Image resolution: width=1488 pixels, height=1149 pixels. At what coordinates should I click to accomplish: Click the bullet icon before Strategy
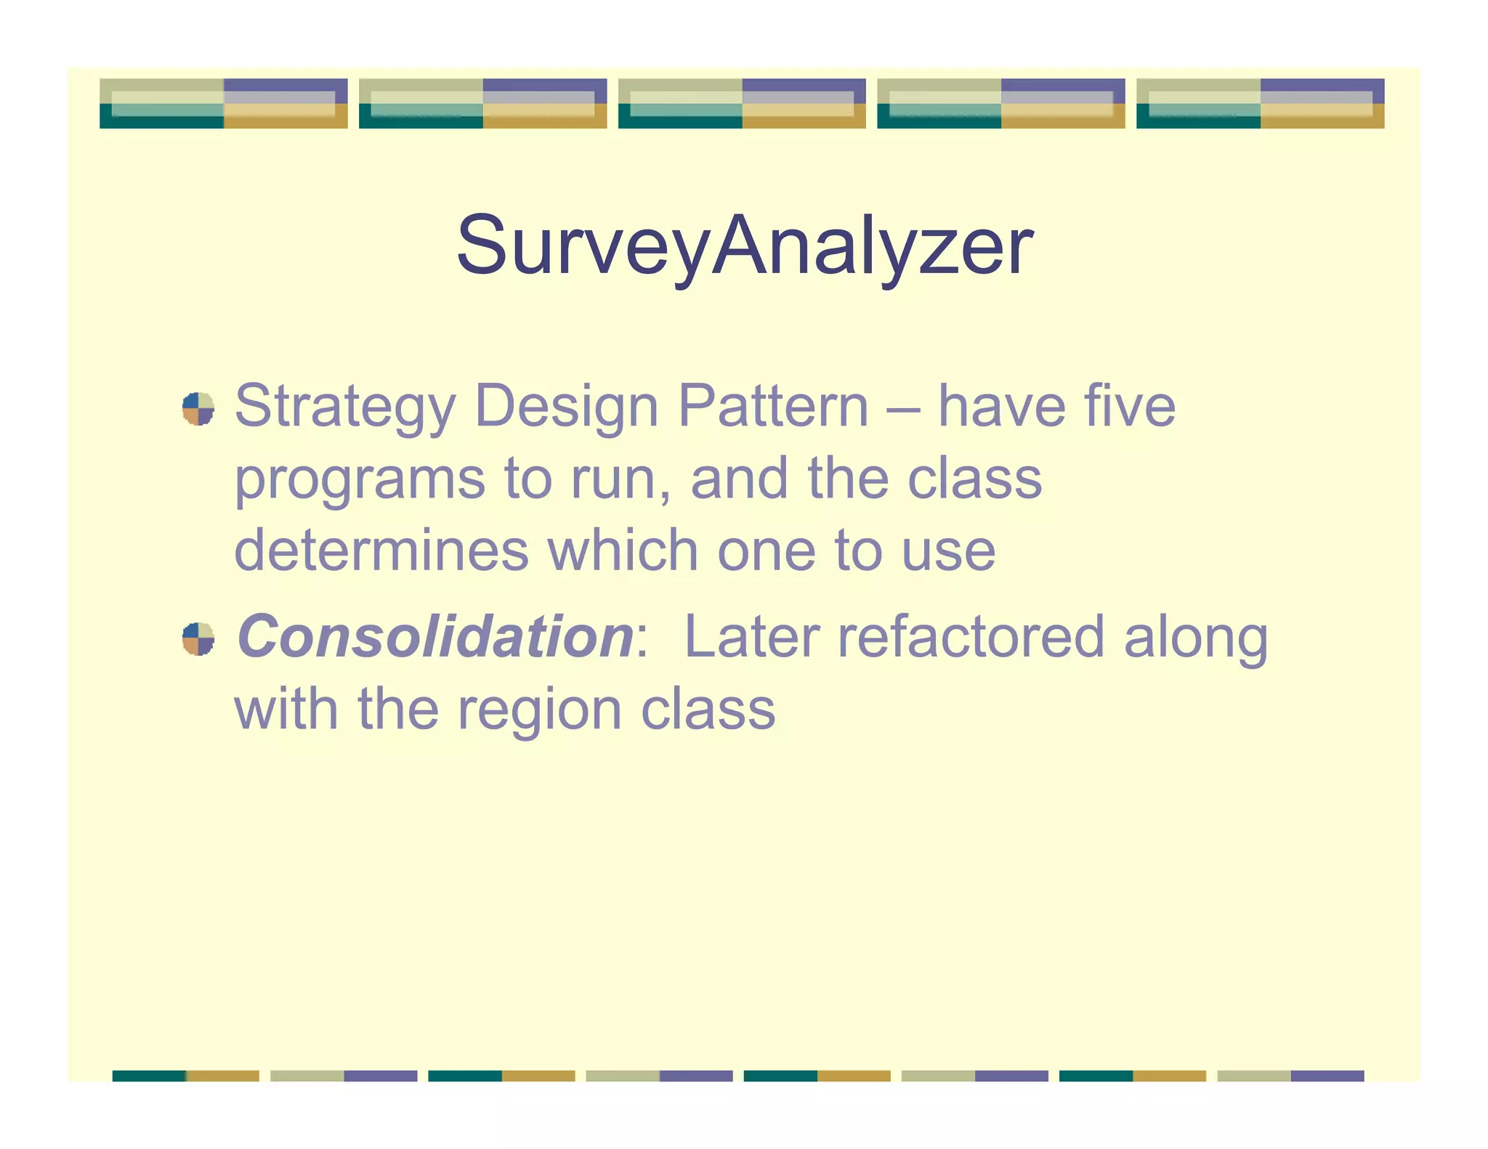pyautogui.click(x=198, y=409)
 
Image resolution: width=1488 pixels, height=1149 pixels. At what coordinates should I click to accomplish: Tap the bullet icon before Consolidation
pyautogui.click(x=198, y=639)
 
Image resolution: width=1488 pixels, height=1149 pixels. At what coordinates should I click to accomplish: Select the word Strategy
pyautogui.click(x=345, y=407)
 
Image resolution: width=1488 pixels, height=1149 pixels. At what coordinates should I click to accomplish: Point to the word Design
pyautogui.click(x=567, y=406)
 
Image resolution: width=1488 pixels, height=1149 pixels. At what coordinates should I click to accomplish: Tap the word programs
pyautogui.click(x=360, y=481)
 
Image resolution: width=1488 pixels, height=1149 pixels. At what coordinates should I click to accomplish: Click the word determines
pyautogui.click(x=381, y=551)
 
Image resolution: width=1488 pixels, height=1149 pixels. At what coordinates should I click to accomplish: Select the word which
pyautogui.click(x=622, y=551)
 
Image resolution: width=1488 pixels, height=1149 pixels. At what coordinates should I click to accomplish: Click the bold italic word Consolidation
pyautogui.click(x=435, y=637)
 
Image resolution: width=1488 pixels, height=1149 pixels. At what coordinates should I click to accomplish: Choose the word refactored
pyautogui.click(x=971, y=637)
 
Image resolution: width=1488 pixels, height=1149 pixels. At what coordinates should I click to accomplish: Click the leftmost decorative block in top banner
pyautogui.click(x=223, y=104)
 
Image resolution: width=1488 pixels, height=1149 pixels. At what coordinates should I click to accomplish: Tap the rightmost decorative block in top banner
pyautogui.click(x=1260, y=104)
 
